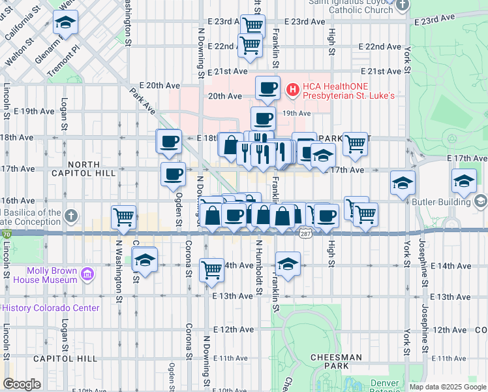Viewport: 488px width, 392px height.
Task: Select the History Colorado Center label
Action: pyautogui.click(x=52, y=308)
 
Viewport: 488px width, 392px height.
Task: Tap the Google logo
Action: pyautogui.click(x=22, y=384)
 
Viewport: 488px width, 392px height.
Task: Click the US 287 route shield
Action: pyautogui.click(x=305, y=233)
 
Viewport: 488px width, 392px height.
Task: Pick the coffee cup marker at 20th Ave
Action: pyautogui.click(x=267, y=87)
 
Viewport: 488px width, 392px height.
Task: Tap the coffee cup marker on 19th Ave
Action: pyautogui.click(x=263, y=118)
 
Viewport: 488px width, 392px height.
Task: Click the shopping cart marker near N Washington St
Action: pyautogui.click(x=123, y=216)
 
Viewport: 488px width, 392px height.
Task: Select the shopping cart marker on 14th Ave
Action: pyautogui.click(x=211, y=269)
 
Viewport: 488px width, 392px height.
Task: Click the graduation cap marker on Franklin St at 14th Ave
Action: pyautogui.click(x=287, y=264)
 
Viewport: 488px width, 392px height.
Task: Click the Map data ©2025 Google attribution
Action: pyautogui.click(x=448, y=387)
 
